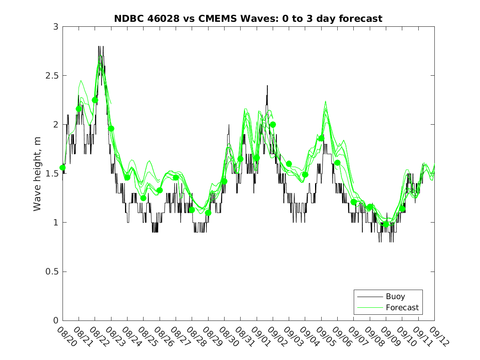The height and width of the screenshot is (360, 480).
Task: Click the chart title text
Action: click(248, 19)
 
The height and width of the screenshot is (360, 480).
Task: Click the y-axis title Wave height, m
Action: click(37, 174)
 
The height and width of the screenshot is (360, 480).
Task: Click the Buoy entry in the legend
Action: click(395, 296)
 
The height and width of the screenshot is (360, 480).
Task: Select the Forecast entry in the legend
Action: click(402, 307)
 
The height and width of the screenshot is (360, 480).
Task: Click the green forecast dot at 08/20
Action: click(63, 167)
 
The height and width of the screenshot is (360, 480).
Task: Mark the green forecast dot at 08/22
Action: click(95, 100)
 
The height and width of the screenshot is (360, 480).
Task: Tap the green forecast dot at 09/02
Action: click(273, 124)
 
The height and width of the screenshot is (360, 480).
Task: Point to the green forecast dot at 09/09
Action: click(386, 224)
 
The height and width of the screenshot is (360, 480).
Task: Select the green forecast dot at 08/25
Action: click(143, 198)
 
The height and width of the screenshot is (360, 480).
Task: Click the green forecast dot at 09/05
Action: click(321, 138)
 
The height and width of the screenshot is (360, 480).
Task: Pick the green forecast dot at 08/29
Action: click(208, 213)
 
